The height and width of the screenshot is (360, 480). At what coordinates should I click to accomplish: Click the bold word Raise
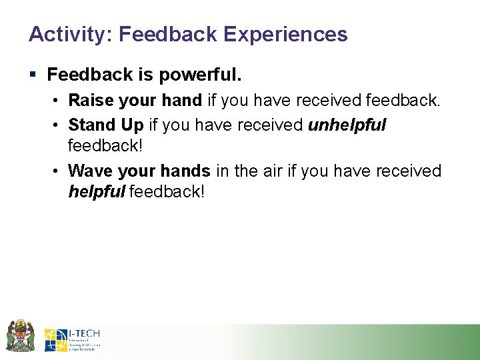[x=87, y=101]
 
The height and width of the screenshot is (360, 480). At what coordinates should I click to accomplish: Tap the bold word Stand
[x=91, y=125]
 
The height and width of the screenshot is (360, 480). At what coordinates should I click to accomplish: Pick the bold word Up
[x=132, y=125]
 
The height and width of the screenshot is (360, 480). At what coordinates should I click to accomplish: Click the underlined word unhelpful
[x=347, y=125]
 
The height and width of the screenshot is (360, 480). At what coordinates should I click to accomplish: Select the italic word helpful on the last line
[x=97, y=193]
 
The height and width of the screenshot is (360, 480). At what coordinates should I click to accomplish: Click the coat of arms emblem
[x=19, y=335]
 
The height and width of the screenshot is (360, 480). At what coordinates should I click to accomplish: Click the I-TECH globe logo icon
[x=56, y=340]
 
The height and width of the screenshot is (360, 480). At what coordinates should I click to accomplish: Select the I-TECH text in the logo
[x=84, y=333]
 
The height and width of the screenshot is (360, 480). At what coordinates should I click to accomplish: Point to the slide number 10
[x=459, y=343]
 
